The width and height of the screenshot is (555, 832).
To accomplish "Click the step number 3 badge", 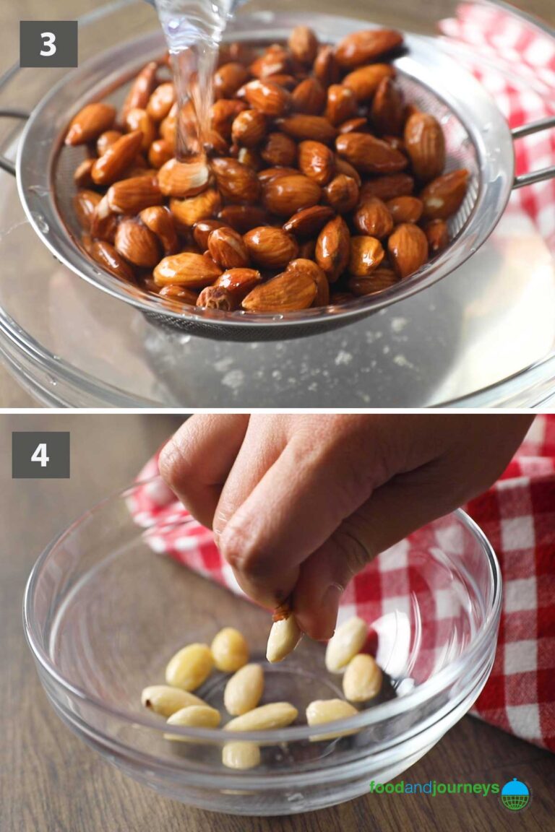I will coord(48,44).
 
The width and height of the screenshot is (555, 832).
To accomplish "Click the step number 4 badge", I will coord(40,455).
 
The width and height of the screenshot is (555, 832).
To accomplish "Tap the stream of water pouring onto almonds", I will coord(190,72).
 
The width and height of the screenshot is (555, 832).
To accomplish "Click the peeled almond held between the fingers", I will coord(283,638).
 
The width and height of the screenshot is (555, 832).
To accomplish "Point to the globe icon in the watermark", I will coord(515,794).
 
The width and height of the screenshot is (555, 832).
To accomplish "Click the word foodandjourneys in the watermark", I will coord(434,788).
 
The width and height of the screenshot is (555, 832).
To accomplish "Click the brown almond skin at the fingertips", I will coord(283,612).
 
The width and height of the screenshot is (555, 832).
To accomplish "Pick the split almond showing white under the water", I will coord(184,177).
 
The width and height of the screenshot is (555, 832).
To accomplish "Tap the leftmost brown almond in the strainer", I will coord(90,123).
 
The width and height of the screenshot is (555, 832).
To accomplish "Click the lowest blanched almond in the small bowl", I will coord(241,755).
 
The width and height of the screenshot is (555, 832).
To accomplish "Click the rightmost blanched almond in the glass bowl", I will coord(362,677).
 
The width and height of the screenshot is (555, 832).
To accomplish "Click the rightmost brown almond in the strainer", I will coord(444,194).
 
